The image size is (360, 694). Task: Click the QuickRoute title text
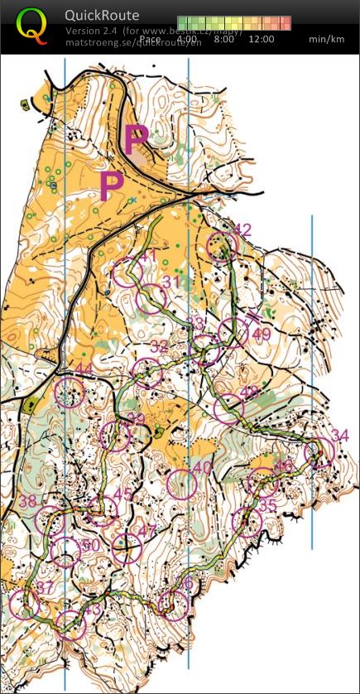point(103,15)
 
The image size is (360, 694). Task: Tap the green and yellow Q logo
point(32,26)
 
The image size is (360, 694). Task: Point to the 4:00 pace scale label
point(187,39)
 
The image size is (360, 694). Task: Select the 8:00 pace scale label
point(223,39)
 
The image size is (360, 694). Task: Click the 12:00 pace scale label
point(261,39)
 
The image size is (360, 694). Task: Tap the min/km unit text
point(327,39)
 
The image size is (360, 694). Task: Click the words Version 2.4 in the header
point(92,31)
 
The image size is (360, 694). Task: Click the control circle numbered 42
point(222,245)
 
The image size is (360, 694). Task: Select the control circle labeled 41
point(127,272)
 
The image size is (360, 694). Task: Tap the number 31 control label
point(170,282)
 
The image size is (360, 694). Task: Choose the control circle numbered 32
point(147,373)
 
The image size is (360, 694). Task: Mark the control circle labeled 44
point(69,392)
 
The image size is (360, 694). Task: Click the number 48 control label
point(249,392)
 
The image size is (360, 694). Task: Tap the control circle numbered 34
point(318,452)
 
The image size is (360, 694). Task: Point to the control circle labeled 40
point(181,483)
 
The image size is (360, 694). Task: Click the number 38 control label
point(28,501)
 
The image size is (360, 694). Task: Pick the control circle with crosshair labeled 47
point(126,547)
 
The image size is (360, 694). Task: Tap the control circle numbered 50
point(65,551)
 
